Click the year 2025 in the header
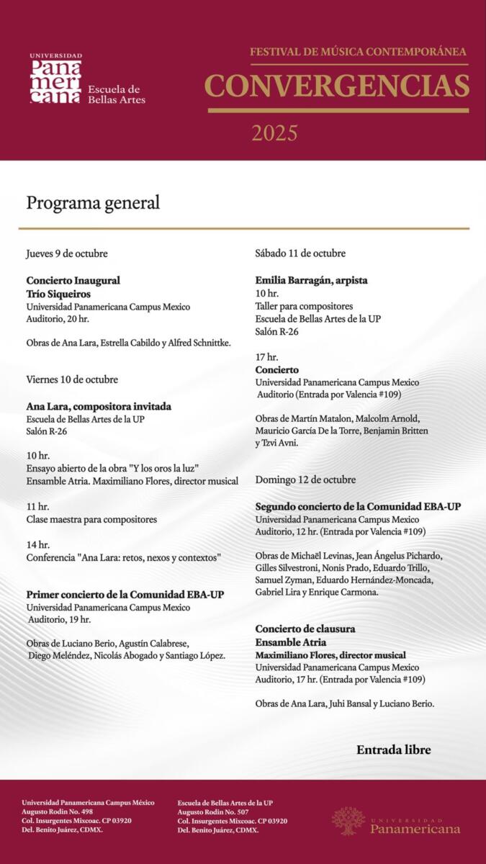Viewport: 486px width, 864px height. [274, 133]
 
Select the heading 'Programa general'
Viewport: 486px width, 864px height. [93, 203]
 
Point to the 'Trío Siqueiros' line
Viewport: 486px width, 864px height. [60, 294]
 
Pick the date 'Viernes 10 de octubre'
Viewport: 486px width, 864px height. [72, 379]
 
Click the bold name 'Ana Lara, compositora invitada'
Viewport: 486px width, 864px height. [99, 406]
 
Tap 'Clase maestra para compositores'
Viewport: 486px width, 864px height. [91, 519]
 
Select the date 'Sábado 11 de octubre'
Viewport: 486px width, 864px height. [300, 253]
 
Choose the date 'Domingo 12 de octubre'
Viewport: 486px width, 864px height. [305, 480]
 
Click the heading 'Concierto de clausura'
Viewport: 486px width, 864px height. [305, 629]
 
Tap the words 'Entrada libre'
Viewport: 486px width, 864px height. [393, 750]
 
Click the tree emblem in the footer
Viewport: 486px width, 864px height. [348, 821]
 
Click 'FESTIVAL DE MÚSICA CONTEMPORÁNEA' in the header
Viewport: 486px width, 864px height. [358, 52]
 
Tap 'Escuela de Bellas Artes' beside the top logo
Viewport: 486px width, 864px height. [116, 94]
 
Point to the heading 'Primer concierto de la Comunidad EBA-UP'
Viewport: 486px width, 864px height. [125, 595]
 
